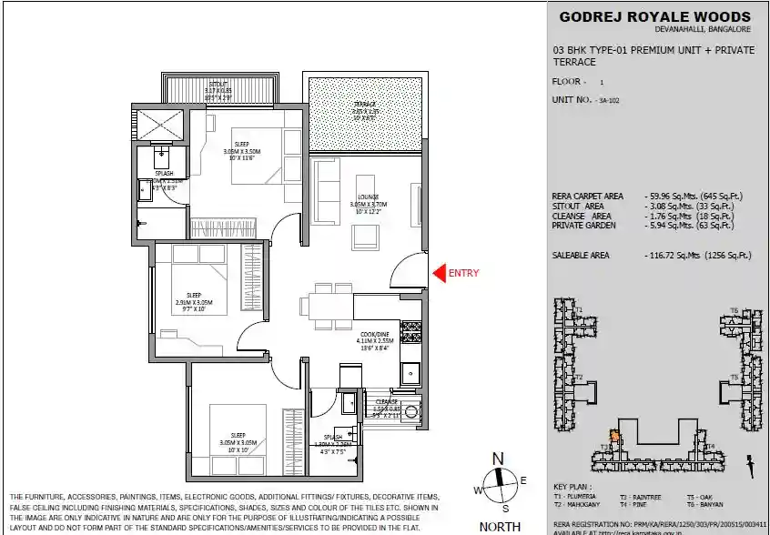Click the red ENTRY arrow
(x=437, y=272)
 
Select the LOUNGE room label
(x=368, y=197)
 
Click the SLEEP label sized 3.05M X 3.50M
(x=242, y=144)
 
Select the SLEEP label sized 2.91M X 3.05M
(x=194, y=295)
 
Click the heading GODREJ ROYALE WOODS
(x=654, y=16)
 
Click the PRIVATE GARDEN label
(x=583, y=225)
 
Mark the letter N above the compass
(x=498, y=459)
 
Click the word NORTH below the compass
(x=500, y=526)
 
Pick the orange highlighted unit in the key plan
(x=613, y=438)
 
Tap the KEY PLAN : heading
(x=571, y=488)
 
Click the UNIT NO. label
(x=572, y=98)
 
